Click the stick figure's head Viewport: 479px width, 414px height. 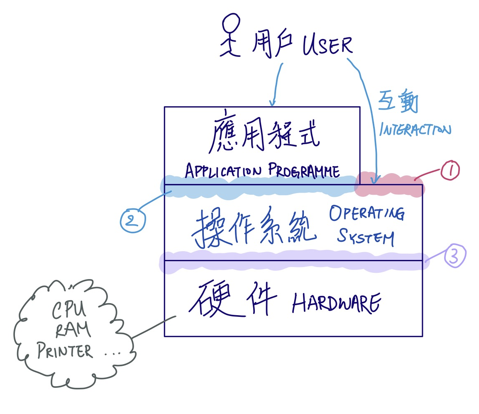tap(231, 24)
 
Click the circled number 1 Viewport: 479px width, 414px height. tap(450, 171)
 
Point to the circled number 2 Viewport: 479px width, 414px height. tap(132, 220)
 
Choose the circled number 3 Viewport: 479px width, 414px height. tap(455, 257)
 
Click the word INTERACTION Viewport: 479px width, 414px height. tap(415, 129)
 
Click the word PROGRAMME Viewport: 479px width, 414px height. tap(304, 170)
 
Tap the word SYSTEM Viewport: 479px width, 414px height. tap(365, 238)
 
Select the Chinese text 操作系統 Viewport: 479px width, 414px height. tap(254, 230)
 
